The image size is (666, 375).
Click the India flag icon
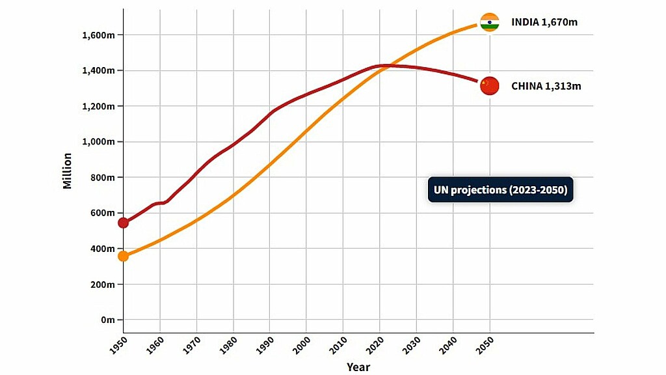coord(489,22)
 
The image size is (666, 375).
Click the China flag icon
coord(489,85)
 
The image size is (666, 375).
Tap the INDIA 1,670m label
coord(544,22)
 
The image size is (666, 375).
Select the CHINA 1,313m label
coord(546,85)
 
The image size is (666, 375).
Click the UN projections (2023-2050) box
coord(500,189)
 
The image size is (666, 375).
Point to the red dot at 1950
coord(123,223)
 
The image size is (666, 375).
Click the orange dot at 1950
coord(123,256)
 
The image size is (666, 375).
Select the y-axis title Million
coord(68,171)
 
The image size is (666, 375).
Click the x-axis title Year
coord(358,367)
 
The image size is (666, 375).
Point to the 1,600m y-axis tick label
coord(98,35)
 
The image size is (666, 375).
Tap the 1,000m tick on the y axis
coord(98,142)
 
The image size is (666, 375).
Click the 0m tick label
coord(107,320)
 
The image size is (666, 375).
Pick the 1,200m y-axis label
coord(98,106)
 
